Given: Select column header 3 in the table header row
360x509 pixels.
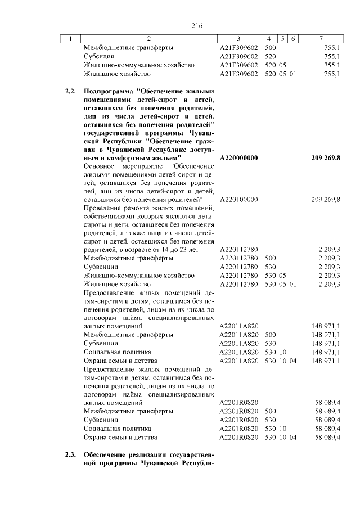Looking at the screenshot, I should (239, 39).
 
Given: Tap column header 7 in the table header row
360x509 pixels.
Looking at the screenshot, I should (321, 39).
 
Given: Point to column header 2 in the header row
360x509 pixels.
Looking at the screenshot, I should (148, 39).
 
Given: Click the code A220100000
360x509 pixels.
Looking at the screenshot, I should (238, 200).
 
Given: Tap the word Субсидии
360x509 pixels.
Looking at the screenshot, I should (100, 57).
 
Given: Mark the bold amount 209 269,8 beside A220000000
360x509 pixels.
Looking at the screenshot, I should (325, 158).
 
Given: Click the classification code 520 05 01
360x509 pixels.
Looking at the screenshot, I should (280, 74).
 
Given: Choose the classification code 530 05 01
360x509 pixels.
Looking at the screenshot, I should (280, 284).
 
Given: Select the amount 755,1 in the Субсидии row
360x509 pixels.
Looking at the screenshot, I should (332, 57).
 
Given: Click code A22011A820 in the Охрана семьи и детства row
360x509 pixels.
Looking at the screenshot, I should (238, 360).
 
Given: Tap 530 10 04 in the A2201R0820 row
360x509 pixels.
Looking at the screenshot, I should (280, 437).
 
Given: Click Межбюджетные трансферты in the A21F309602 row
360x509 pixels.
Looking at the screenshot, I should (128, 48).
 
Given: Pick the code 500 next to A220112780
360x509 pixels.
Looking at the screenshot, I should (270, 258).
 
